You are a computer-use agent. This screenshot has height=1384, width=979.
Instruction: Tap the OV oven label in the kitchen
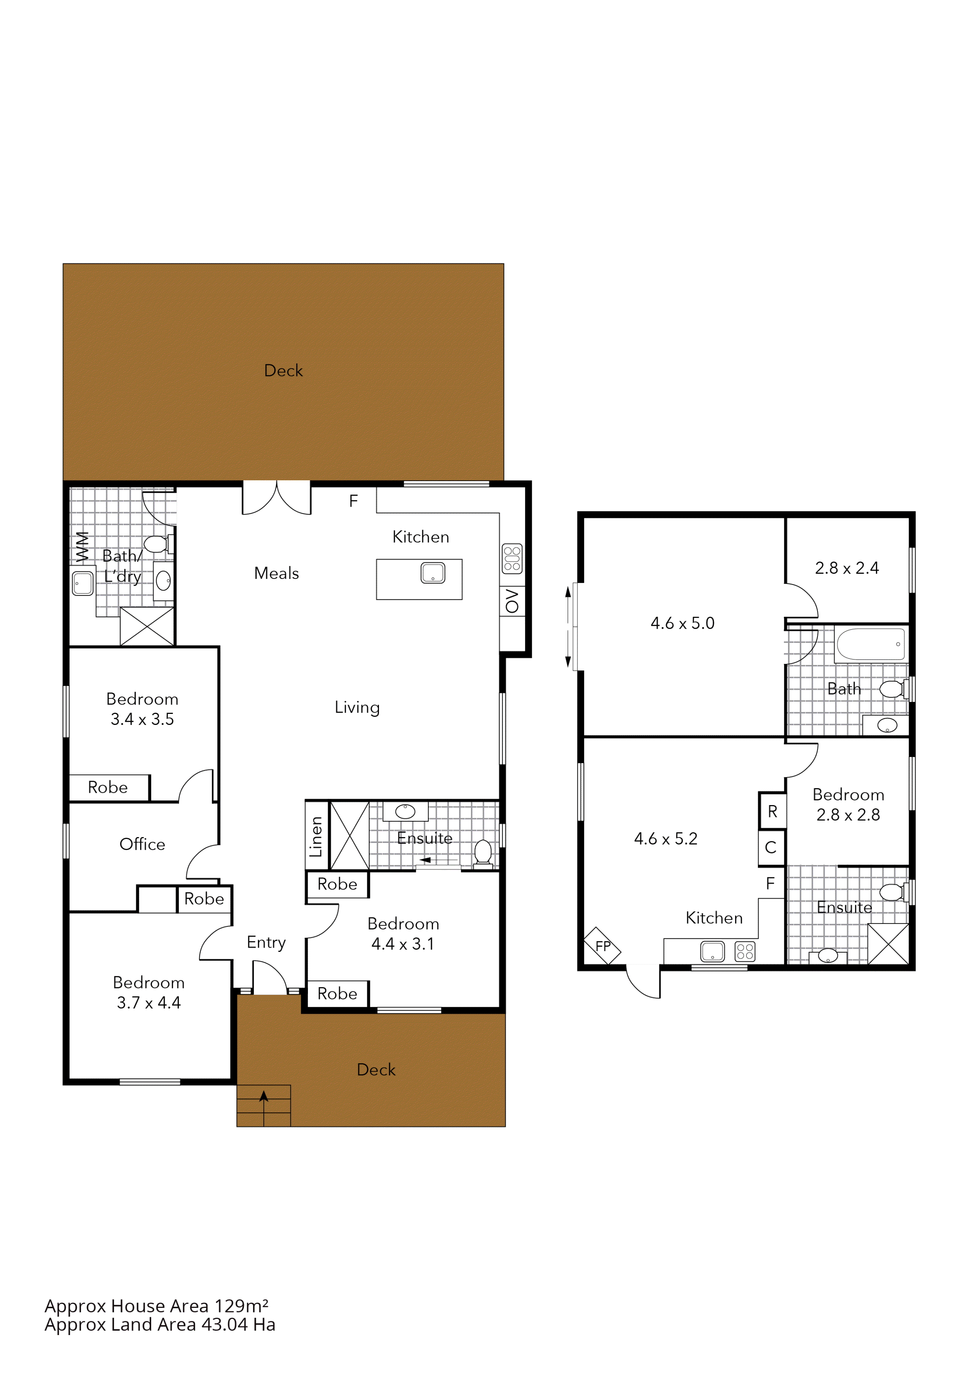512,601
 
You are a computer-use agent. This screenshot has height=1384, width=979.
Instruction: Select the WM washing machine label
82,546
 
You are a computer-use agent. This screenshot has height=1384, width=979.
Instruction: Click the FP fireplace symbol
602,946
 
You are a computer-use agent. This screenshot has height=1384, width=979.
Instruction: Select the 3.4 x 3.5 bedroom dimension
142,719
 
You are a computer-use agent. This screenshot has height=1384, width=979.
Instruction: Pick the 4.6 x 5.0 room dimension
683,623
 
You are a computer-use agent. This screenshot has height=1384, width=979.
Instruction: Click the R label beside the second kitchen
772,811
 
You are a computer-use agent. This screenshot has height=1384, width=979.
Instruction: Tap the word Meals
276,573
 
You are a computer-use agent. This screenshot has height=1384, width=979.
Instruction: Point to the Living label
357,707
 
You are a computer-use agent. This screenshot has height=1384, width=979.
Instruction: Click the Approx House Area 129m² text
156,1305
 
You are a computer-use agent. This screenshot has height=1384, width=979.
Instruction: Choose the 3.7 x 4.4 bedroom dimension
149,1002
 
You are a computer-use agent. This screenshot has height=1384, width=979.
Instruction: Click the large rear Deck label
283,370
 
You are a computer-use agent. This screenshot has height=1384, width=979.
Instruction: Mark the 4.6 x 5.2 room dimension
666,839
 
